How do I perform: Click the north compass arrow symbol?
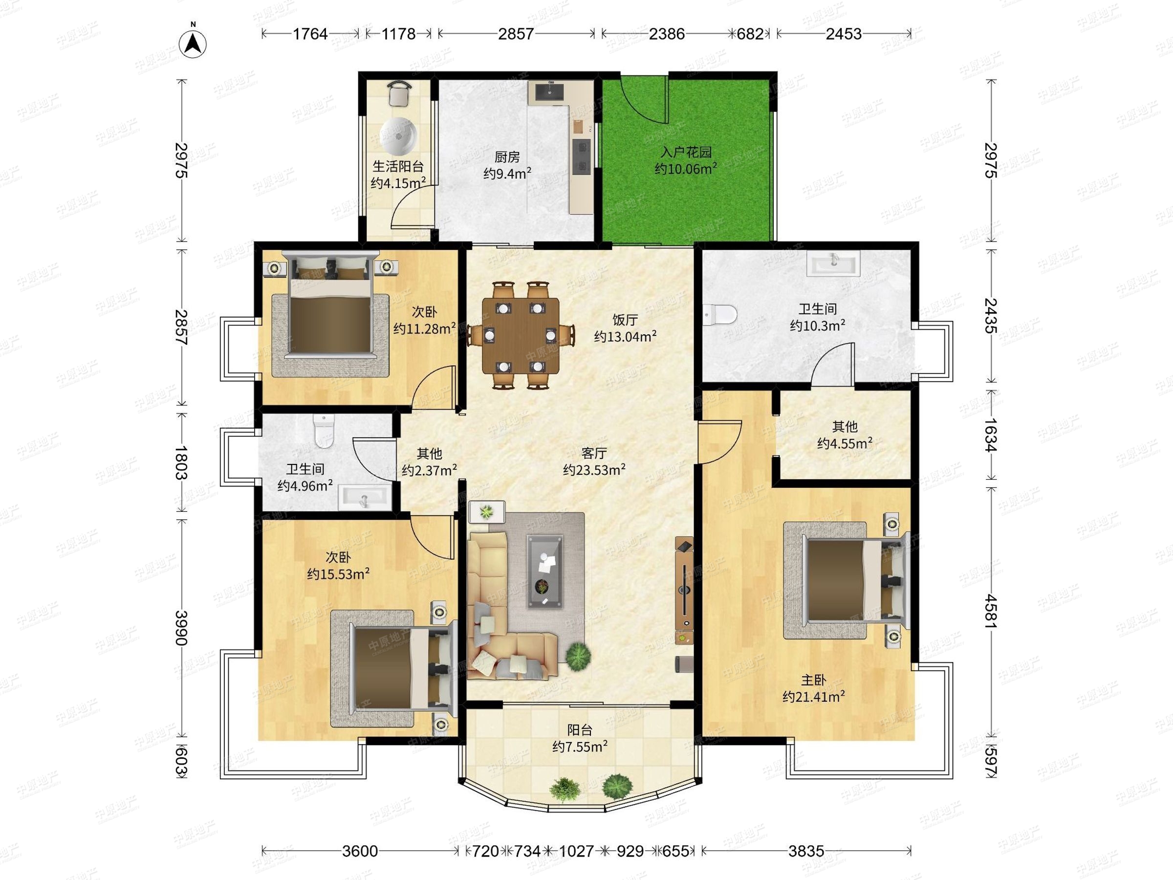pyautogui.click(x=194, y=42)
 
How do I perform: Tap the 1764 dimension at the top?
pyautogui.click(x=310, y=34)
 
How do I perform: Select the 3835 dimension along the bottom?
pyautogui.click(x=806, y=851)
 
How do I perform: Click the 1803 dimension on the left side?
pyautogui.click(x=181, y=462)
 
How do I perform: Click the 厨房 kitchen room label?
pyautogui.click(x=507, y=157)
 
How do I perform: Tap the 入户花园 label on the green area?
pyautogui.click(x=686, y=152)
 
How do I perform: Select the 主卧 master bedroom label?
pyautogui.click(x=813, y=680)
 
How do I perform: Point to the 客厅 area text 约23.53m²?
pyautogui.click(x=594, y=470)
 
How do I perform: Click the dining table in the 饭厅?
pyautogui.click(x=521, y=335)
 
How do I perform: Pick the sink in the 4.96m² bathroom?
pyautogui.click(x=364, y=498)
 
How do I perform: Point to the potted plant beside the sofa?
pyautogui.click(x=578, y=657)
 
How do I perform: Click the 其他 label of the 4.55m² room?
pyautogui.click(x=845, y=426)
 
